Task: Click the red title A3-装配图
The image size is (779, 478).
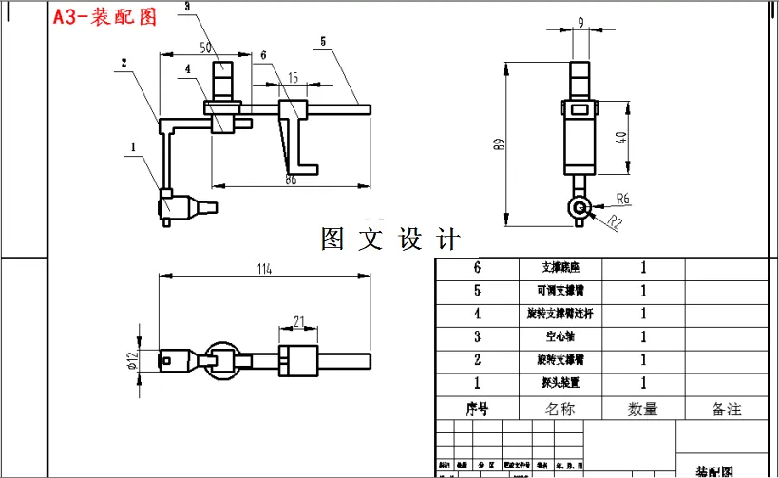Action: pyautogui.click(x=104, y=16)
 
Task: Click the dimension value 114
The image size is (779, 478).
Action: pyautogui.click(x=263, y=270)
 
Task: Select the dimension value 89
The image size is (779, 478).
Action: pyautogui.click(x=497, y=144)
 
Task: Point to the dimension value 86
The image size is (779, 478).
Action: pyautogui.click(x=292, y=178)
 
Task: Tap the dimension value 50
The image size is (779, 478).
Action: pyautogui.click(x=205, y=47)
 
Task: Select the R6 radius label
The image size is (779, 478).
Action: pyautogui.click(x=623, y=200)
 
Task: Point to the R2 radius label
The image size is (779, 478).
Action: pyautogui.click(x=616, y=224)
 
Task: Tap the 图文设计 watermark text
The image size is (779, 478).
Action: pyautogui.click(x=390, y=239)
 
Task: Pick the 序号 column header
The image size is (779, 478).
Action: pyautogui.click(x=477, y=409)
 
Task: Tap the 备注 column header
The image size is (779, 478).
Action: pyautogui.click(x=726, y=409)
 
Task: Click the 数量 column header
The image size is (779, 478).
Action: pyautogui.click(x=642, y=409)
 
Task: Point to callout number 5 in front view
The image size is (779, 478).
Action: pyautogui.click(x=323, y=42)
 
